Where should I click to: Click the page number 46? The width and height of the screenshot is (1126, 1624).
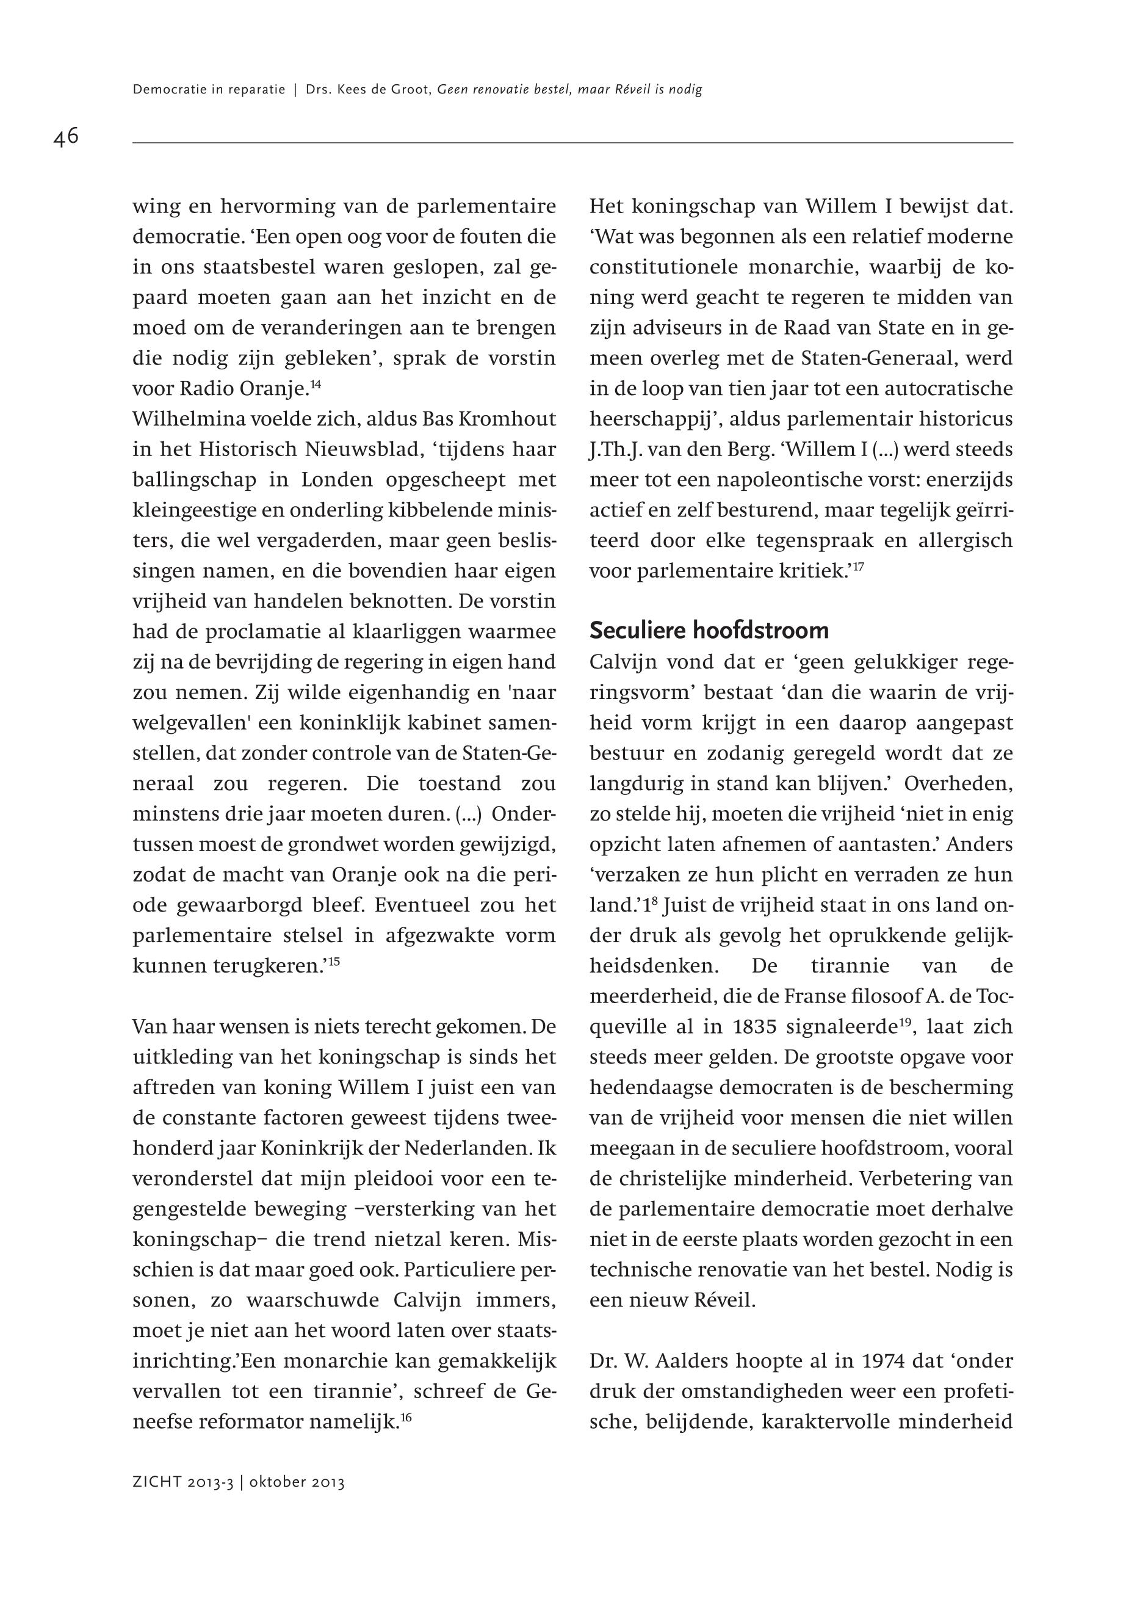(66, 136)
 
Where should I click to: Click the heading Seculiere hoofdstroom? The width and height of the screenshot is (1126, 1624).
(709, 630)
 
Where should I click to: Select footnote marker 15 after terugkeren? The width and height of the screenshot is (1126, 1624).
(334, 960)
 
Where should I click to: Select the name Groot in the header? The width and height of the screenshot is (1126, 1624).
(412, 90)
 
